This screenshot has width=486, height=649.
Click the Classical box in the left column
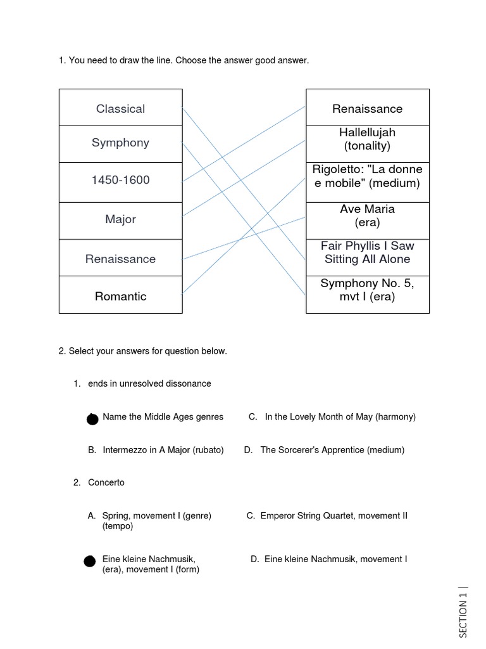[x=120, y=108]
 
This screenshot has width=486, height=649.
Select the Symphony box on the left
[x=120, y=143]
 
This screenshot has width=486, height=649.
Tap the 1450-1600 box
[x=120, y=180]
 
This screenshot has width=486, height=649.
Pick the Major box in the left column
[x=120, y=219]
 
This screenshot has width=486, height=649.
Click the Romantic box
[x=120, y=296]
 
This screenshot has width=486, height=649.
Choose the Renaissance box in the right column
[x=367, y=108]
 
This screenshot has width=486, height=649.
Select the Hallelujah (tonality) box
[x=367, y=139]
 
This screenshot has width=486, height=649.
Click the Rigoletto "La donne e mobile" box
[x=367, y=177]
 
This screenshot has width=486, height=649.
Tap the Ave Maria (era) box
[x=367, y=215]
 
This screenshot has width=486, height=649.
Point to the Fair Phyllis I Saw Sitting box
[x=367, y=252]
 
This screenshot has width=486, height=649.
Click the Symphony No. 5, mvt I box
[x=367, y=290]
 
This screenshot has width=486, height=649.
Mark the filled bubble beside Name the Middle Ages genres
[x=92, y=419]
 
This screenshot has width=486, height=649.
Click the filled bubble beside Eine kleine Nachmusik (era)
[x=90, y=561]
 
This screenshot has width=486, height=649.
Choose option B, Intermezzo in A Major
[x=156, y=450]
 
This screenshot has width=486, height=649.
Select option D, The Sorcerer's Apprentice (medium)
[x=324, y=450]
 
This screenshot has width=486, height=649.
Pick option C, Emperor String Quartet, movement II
[x=327, y=516]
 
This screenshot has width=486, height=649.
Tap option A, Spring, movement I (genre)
[x=149, y=516]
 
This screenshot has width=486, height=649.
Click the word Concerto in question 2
[x=106, y=483]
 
